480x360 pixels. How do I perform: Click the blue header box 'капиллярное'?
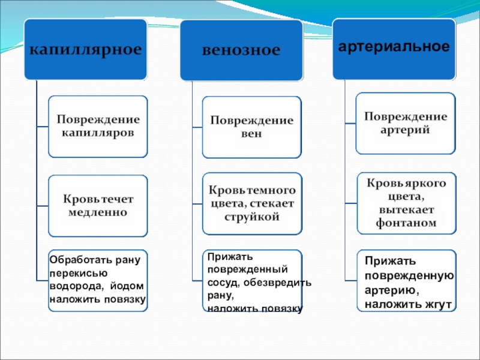(86, 49)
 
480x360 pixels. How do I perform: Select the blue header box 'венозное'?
(241, 50)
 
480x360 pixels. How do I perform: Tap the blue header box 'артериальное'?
(394, 47)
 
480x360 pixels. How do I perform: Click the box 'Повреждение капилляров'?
(97, 126)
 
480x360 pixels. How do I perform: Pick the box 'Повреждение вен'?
(251, 127)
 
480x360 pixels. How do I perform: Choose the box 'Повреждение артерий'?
(406, 123)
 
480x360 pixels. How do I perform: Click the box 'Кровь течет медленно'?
(97, 205)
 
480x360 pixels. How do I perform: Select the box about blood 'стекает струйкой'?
(251, 203)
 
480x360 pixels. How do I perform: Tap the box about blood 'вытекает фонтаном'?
(406, 203)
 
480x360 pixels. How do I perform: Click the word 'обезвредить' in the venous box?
(284, 282)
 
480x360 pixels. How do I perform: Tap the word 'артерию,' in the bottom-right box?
(391, 290)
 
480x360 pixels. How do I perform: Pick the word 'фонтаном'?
(406, 223)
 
